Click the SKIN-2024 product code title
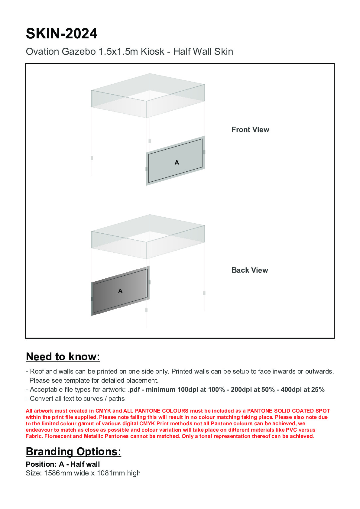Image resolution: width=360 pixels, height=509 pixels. [62, 34]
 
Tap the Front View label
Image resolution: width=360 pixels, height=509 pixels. [250, 130]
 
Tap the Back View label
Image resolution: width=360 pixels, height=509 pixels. [250, 270]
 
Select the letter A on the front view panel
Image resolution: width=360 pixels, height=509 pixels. [177, 163]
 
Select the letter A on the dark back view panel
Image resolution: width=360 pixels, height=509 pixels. [120, 291]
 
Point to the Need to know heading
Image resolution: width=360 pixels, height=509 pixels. [63, 357]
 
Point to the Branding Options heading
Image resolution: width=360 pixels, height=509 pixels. [73, 452]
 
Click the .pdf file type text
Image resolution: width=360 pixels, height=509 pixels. [134, 390]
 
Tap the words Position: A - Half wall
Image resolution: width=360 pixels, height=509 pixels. [63, 464]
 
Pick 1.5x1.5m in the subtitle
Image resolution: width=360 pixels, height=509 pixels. [116, 52]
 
